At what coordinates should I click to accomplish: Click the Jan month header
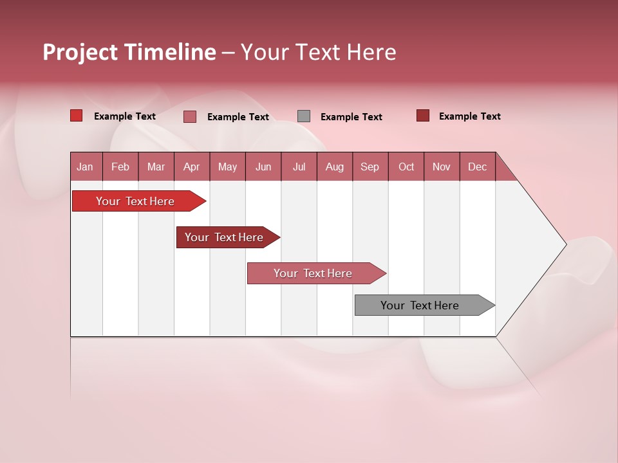tap(86, 167)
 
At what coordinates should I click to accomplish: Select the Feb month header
tap(120, 167)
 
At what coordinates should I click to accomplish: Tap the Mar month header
tap(156, 167)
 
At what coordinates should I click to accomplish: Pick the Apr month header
tap(192, 167)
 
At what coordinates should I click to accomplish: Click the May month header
tap(227, 167)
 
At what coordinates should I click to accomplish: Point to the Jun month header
tap(263, 167)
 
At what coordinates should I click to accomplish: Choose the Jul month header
tap(299, 167)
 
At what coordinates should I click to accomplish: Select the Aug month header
tap(335, 167)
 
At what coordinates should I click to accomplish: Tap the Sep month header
tap(370, 167)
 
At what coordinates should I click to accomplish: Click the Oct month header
tap(406, 167)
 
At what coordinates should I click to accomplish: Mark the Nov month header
tap(442, 167)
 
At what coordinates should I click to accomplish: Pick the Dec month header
tap(478, 167)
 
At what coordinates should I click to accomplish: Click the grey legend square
tap(304, 116)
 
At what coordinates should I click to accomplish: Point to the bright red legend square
tap(77, 116)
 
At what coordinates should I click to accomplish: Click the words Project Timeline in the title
tap(129, 52)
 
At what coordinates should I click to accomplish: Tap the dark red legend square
tap(423, 116)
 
